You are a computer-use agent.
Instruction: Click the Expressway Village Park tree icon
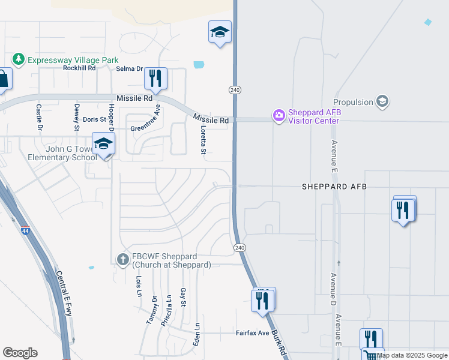(19, 59)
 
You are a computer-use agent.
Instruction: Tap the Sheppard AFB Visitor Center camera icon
(279, 116)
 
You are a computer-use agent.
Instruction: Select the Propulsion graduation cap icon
(381, 101)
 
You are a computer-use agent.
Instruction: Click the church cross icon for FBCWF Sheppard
(123, 259)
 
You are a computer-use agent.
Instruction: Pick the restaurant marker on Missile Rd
(155, 79)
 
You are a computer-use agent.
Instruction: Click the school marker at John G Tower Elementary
(103, 144)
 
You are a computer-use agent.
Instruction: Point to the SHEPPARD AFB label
(334, 187)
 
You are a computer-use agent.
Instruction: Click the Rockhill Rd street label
(79, 68)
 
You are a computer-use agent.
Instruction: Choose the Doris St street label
(94, 120)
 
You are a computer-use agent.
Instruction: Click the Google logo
(20, 353)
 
